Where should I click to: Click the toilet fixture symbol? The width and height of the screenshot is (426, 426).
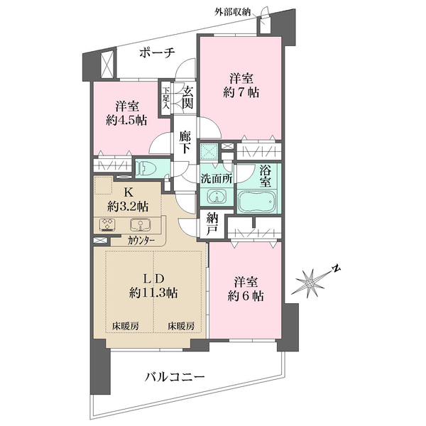tap(145, 168)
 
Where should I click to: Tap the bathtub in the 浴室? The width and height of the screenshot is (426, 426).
tap(257, 202)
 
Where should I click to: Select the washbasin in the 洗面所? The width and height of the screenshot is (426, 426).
tap(217, 197)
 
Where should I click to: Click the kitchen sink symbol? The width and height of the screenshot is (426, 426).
tap(140, 224)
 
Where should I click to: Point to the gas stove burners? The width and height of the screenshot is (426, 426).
tap(107, 224)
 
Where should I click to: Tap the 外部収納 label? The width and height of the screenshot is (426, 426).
tap(232, 12)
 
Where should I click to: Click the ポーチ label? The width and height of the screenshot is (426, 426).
tap(157, 53)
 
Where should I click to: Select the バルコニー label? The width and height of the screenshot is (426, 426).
tap(174, 378)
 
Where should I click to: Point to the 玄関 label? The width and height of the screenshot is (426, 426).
tap(187, 98)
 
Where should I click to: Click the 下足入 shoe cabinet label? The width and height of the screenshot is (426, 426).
tap(165, 98)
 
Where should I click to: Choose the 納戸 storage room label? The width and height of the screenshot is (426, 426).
tap(212, 224)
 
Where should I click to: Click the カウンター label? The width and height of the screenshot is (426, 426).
tap(141, 241)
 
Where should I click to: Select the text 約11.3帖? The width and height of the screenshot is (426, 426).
tap(153, 293)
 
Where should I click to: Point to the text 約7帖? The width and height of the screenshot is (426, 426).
tap(241, 92)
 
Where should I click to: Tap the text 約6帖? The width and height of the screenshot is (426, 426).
tap(246, 296)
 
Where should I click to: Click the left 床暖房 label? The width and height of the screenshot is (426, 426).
tap(126, 326)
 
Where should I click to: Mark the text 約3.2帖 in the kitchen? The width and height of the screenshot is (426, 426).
tap(128, 207)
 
